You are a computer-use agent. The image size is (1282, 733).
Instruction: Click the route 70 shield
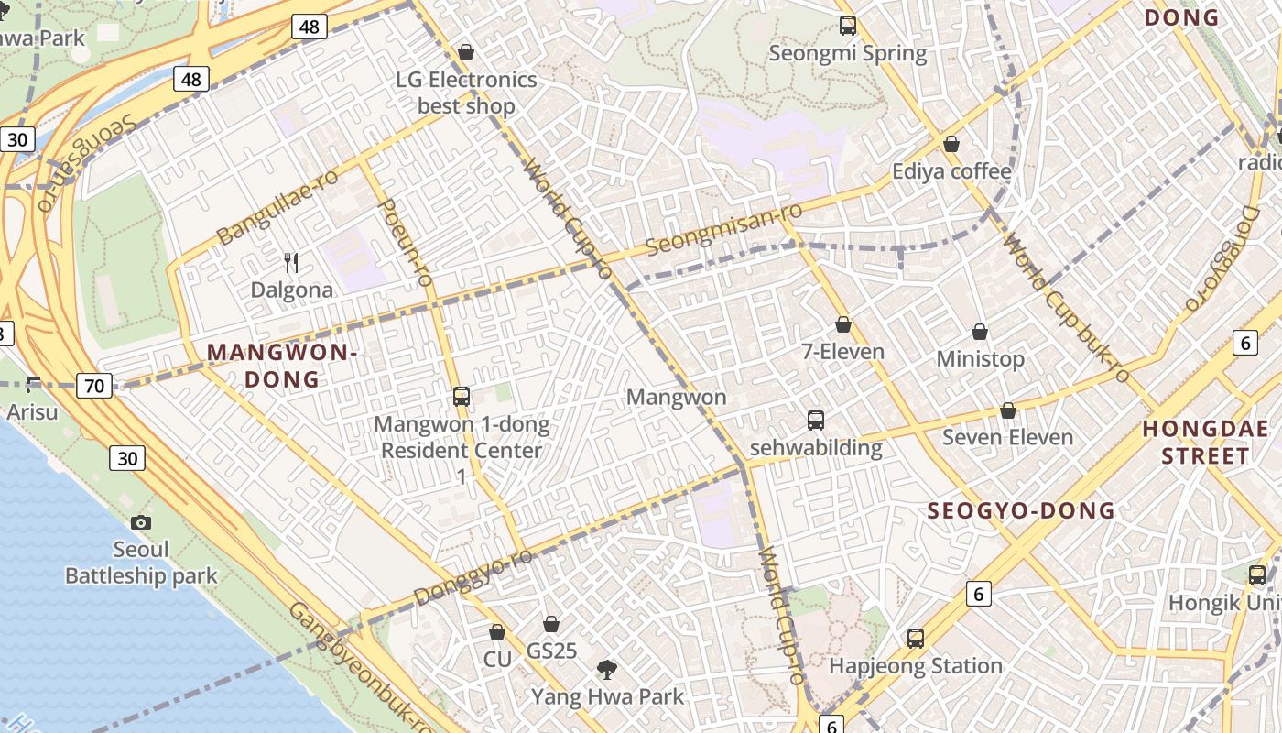[94, 386]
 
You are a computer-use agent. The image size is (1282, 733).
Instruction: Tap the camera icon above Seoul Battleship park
[141, 522]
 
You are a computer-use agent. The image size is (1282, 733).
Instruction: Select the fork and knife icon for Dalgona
[292, 263]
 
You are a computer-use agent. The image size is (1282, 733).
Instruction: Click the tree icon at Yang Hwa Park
[606, 670]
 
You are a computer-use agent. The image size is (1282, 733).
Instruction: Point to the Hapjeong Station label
[916, 666]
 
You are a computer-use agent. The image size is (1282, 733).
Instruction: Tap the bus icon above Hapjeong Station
[916, 639]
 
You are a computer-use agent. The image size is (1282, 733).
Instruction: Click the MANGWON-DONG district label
[281, 366]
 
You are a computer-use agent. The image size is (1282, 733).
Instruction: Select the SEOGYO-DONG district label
[1021, 511]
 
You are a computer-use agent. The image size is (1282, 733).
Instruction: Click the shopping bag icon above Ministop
[980, 332]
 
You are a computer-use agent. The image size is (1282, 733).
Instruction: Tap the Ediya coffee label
[951, 171]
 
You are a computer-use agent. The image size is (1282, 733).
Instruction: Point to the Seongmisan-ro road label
[723, 230]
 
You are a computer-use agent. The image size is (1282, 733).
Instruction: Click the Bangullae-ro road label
[277, 207]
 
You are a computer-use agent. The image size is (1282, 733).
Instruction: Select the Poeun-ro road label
[404, 242]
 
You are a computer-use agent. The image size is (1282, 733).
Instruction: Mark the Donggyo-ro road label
[473, 577]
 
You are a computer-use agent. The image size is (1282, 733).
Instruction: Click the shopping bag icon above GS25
[551, 624]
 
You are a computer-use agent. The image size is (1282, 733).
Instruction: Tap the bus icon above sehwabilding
[816, 421]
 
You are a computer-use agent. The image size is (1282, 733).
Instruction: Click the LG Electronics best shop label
[466, 93]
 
